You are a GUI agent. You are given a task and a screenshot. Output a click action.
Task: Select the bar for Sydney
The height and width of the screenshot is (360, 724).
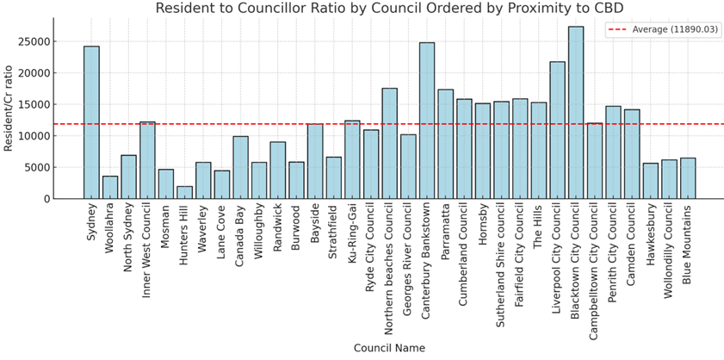(91, 122)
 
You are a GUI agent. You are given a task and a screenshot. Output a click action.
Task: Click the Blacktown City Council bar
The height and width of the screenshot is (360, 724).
(576, 113)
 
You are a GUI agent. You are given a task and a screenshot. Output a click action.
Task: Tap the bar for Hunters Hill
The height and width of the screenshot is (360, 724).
(184, 192)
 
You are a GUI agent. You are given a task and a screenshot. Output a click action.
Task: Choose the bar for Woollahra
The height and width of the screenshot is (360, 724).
(110, 187)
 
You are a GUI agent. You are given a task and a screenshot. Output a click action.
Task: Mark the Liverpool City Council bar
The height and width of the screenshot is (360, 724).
(557, 130)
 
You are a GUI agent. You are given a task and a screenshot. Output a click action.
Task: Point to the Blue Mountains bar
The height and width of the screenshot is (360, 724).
(688, 178)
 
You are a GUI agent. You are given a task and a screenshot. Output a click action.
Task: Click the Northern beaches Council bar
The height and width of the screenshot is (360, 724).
(389, 143)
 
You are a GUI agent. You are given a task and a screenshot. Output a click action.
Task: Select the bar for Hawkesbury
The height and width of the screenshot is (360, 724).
(650, 181)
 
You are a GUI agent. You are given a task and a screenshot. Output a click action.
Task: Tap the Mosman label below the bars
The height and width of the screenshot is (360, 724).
(166, 227)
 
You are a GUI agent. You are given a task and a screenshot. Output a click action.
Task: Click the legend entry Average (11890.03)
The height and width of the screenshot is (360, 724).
(674, 29)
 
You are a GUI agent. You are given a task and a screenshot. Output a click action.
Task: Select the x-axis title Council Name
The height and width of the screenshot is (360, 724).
(388, 348)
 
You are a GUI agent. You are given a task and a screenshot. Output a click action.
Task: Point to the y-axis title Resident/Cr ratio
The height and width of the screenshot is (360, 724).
(9, 107)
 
